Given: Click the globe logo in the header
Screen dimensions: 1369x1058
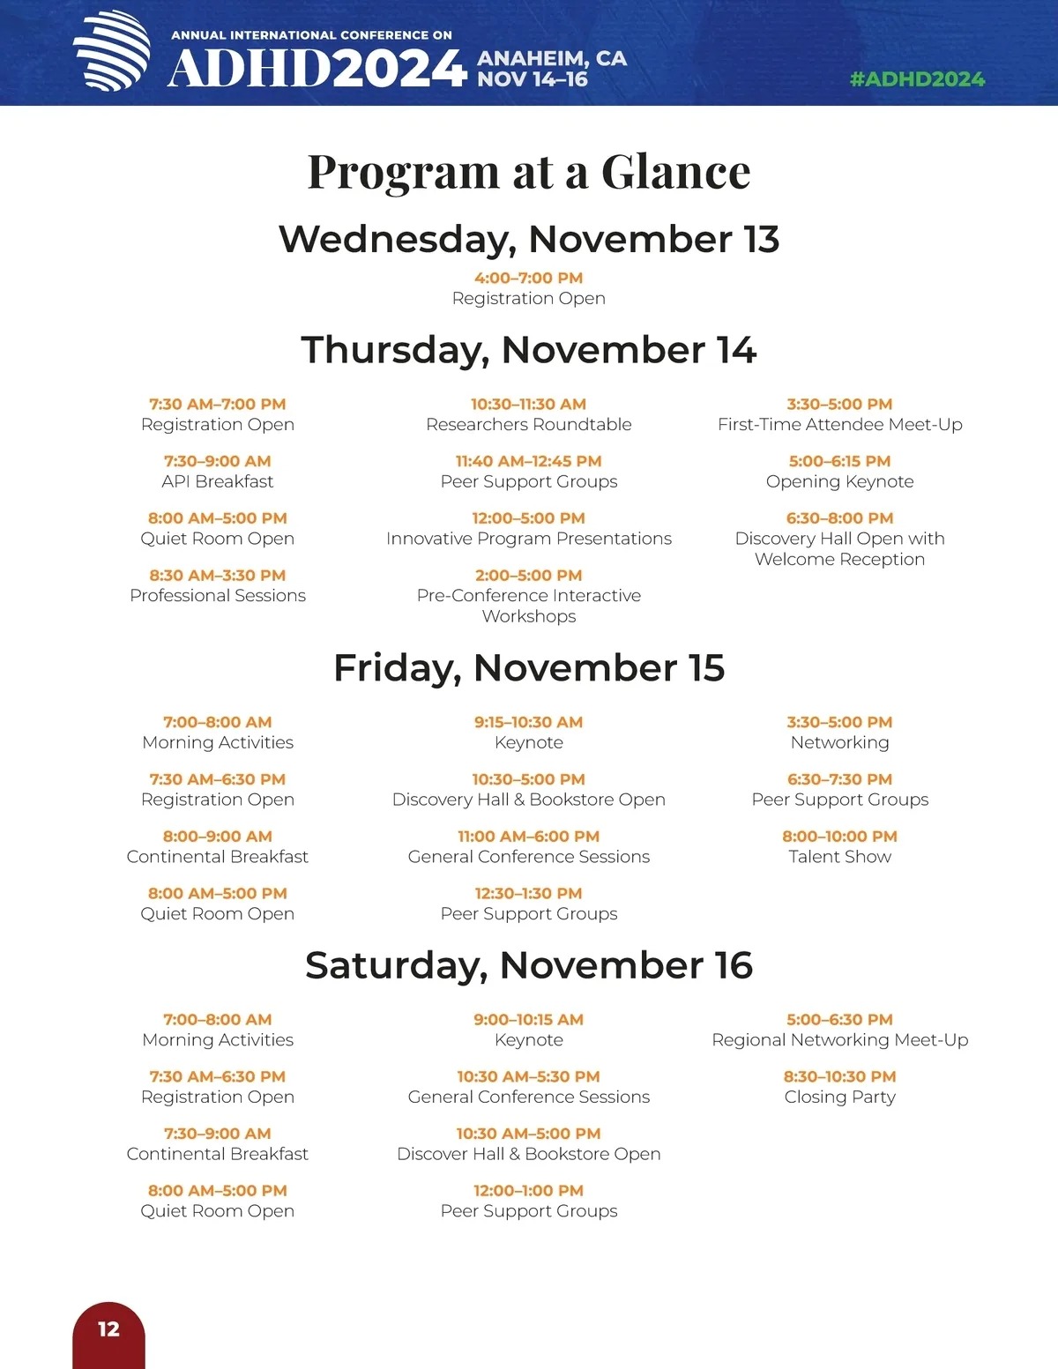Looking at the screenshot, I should pos(112,51).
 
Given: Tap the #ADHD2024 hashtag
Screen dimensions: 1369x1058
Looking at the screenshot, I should pos(917,79).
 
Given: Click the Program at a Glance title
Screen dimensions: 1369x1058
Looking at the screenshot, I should pos(529,171).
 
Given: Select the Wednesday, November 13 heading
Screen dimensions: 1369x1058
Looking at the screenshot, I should pos(529,239).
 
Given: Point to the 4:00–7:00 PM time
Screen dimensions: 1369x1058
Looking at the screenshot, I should pos(529,278).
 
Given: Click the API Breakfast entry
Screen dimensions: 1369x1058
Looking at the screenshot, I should pos(218,481).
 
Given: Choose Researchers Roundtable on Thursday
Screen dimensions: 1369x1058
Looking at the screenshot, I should pos(529,424).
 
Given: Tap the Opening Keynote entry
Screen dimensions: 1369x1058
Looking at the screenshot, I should pos(839,481).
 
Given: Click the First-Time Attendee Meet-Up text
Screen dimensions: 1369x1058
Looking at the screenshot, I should pos(839,424).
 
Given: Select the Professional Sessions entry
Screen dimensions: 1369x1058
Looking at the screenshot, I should pos(218,595).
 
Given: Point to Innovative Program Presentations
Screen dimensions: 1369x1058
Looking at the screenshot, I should pos(529,539).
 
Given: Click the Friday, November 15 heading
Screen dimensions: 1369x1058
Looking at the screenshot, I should pos(529,668).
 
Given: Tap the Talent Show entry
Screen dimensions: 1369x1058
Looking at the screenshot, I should pos(839,857).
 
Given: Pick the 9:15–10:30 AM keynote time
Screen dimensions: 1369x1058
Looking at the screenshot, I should pos(529,722).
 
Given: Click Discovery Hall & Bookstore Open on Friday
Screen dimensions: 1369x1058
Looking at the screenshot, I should pos(529,800).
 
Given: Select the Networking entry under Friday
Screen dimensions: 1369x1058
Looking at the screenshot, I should pos(839,742).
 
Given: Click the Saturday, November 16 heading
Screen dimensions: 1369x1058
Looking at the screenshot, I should pos(529,965).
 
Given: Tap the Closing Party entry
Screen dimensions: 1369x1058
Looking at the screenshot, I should pos(839,1097).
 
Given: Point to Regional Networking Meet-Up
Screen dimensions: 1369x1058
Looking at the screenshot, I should pos(839,1040).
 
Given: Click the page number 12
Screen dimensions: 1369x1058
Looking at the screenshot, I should pos(108,1329).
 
